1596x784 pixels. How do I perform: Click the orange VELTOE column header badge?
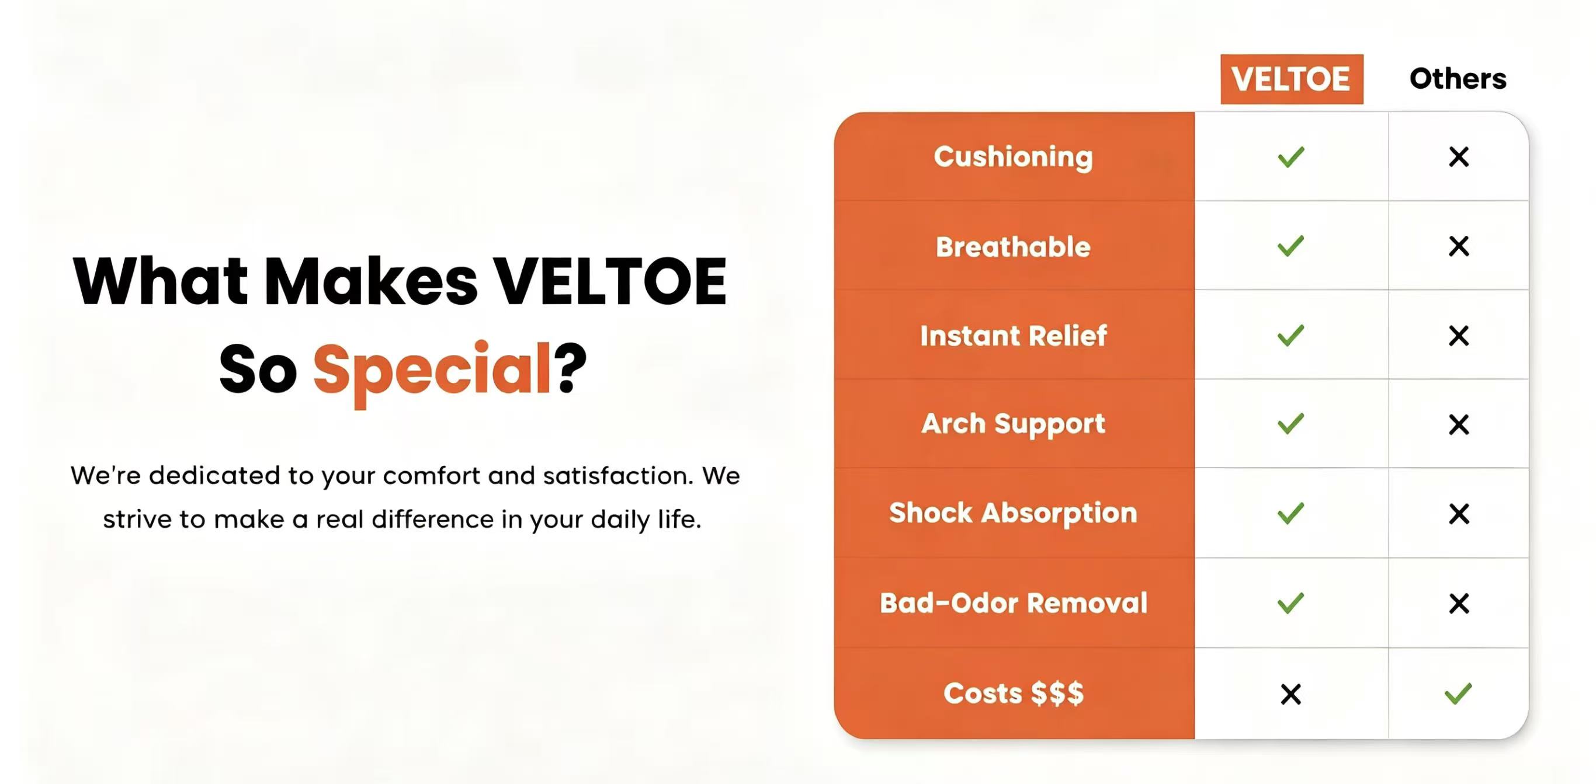tap(1292, 79)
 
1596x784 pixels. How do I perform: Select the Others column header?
tap(1458, 79)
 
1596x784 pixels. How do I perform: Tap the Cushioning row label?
tap(1014, 156)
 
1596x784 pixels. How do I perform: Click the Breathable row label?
tap(1013, 246)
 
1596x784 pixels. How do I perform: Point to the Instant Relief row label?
tap(1014, 336)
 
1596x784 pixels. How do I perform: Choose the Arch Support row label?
tap(1013, 425)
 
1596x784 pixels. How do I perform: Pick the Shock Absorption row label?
tap(1013, 513)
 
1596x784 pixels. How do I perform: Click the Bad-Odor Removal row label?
tap(1014, 602)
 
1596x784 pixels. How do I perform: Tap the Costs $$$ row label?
tap(1014, 693)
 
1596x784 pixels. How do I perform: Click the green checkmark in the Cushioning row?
tap(1291, 156)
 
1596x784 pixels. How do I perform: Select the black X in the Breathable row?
tap(1459, 246)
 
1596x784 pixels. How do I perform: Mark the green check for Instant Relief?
tap(1291, 336)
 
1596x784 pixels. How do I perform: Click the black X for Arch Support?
tap(1459, 425)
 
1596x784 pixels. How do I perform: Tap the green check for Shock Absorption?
tap(1291, 513)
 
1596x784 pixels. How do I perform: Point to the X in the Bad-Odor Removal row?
tap(1459, 603)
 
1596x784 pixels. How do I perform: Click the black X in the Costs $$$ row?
tap(1291, 694)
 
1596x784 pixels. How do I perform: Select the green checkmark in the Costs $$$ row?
tap(1458, 694)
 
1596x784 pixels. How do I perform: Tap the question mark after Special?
tap(570, 368)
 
